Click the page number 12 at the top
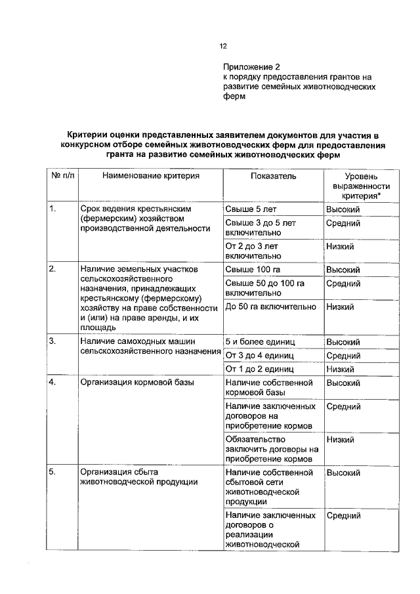[x=222, y=47]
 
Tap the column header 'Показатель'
[x=273, y=176]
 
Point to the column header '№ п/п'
[x=60, y=176]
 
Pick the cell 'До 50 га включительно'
[x=270, y=307]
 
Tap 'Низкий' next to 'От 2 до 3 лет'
[x=340, y=246]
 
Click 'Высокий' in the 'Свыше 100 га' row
[x=343, y=270]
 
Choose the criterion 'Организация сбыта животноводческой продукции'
[x=138, y=477]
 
